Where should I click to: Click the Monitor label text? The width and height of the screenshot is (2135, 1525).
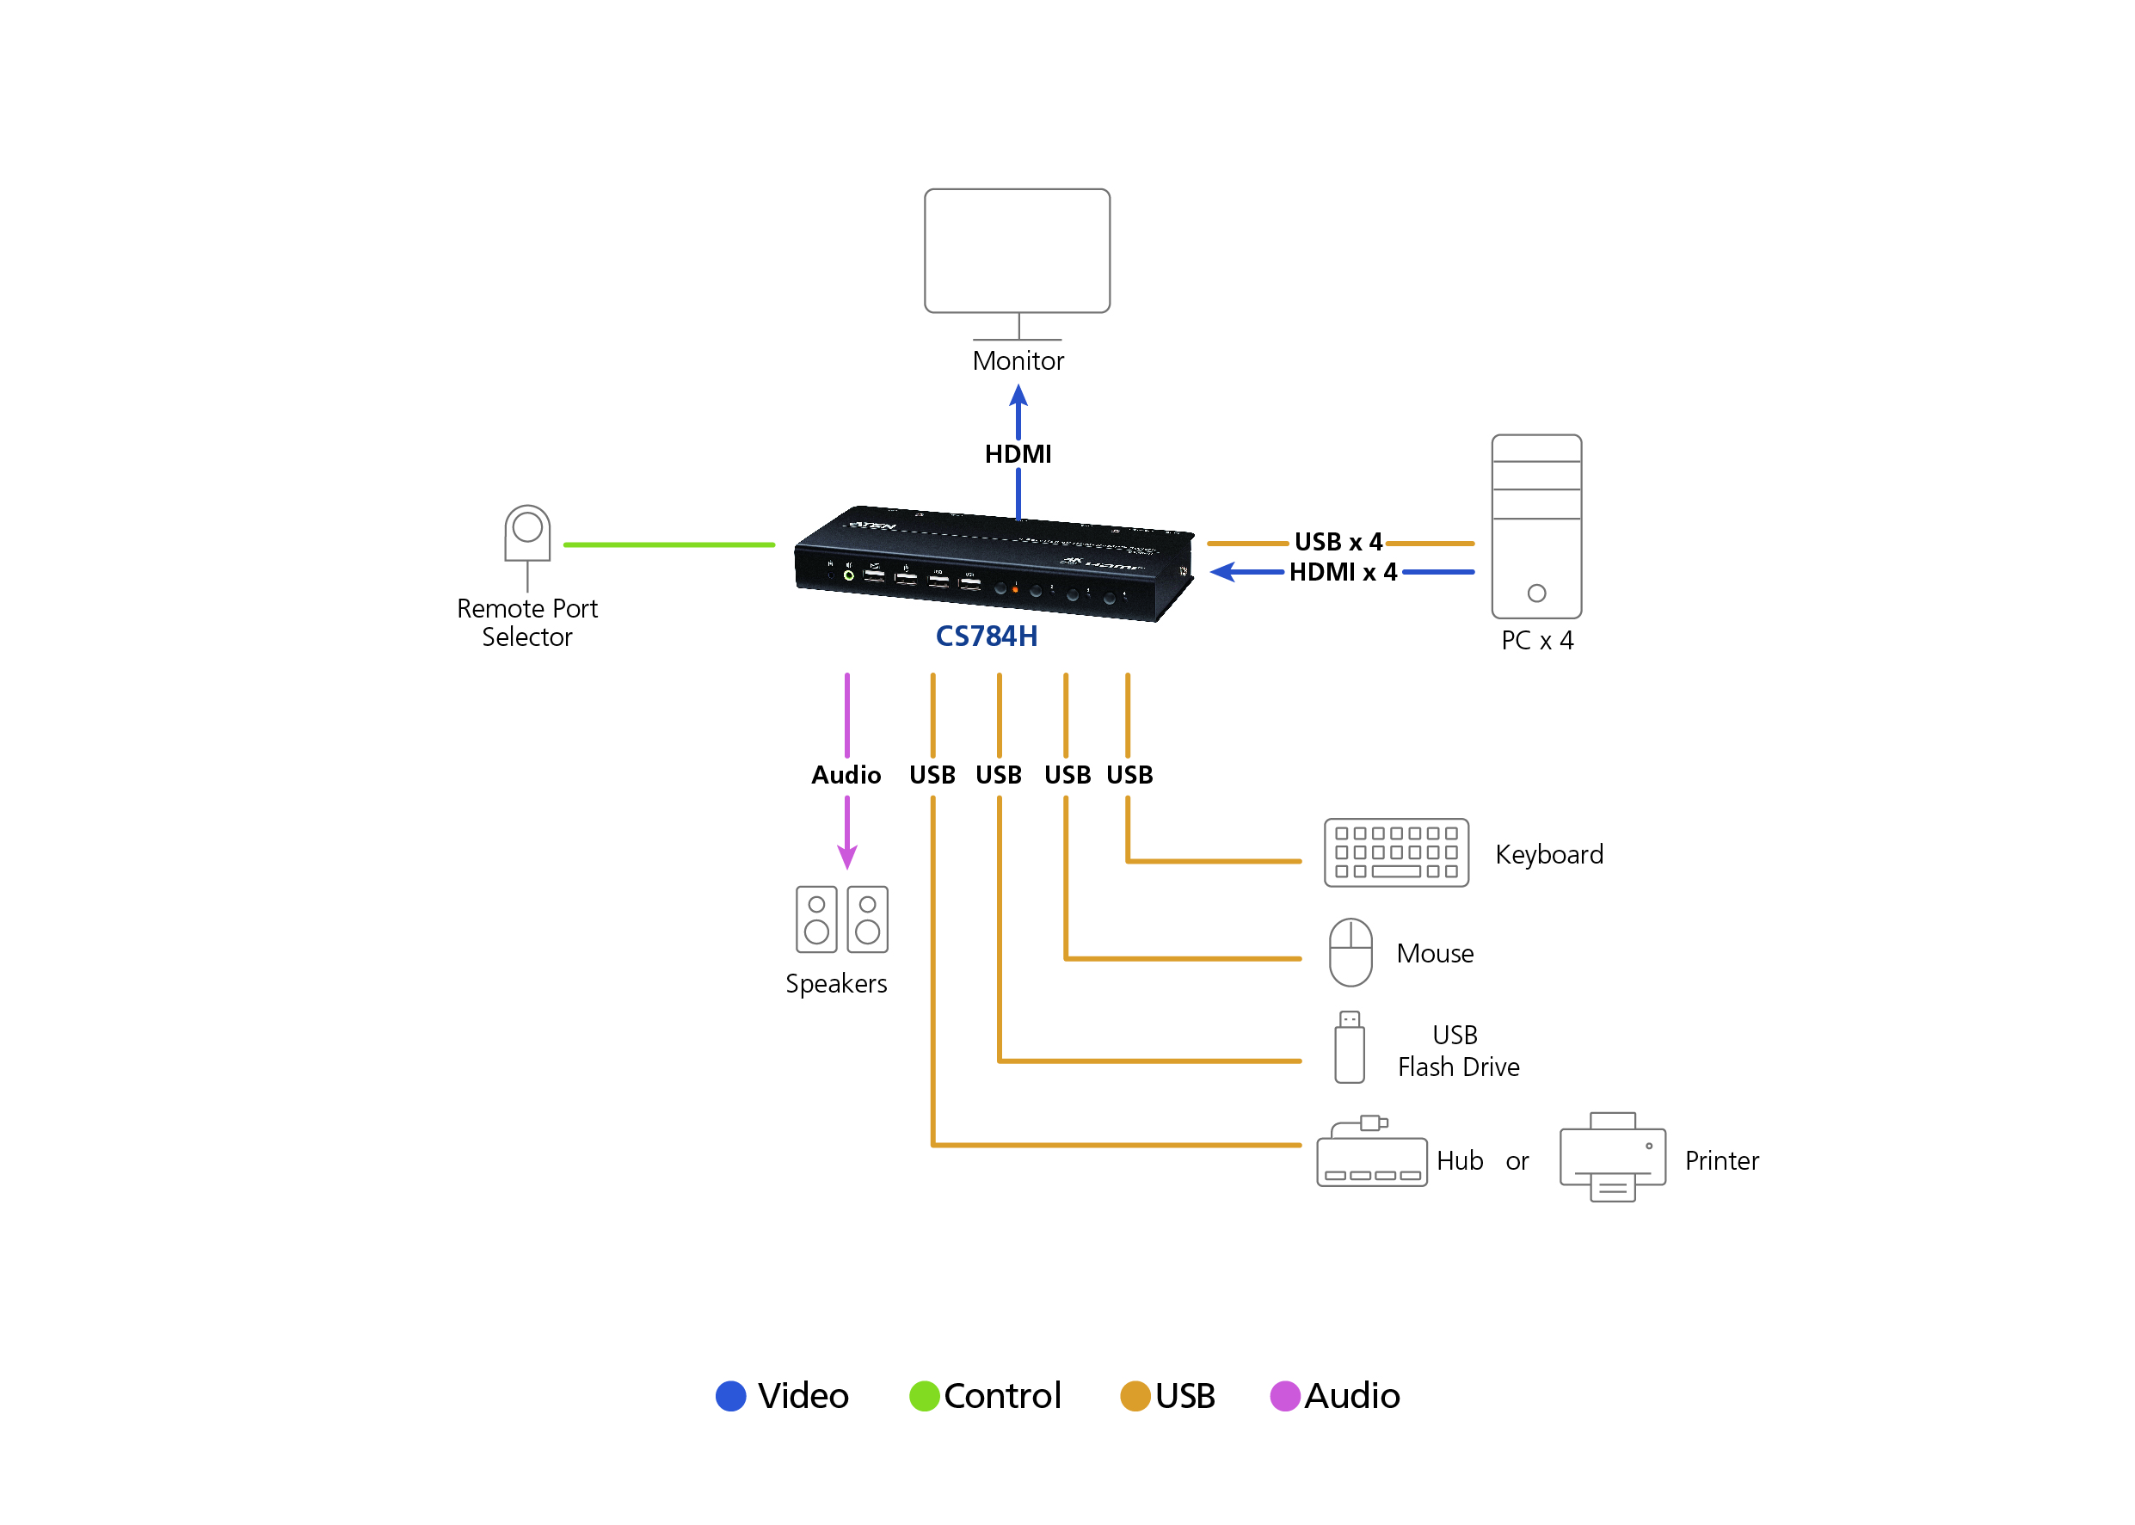coord(1018,360)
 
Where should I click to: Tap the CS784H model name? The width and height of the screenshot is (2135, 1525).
coord(986,636)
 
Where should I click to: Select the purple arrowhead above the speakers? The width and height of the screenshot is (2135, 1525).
coord(847,858)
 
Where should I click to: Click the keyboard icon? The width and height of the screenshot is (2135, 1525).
coord(1395,852)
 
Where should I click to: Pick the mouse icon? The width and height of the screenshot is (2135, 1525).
coord(1351,952)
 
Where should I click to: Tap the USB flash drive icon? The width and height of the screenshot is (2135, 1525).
coord(1349,1047)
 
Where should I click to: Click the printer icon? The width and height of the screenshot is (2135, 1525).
coord(1612,1158)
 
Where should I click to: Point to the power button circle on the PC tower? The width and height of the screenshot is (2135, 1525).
coord(1536,593)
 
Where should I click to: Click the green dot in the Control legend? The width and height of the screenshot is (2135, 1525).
coord(924,1395)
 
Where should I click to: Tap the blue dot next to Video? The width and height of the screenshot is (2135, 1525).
coord(730,1395)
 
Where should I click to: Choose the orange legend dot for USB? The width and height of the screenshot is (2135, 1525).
coord(1135,1395)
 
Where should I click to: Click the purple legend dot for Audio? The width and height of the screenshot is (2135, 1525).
coord(1284,1395)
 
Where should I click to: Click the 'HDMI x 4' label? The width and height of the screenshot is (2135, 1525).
coord(1343,572)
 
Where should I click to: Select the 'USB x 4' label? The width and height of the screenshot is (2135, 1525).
coord(1338,542)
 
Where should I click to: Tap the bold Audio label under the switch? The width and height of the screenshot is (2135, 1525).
coord(846,775)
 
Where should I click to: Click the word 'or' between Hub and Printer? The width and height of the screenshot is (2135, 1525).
coord(1517,1161)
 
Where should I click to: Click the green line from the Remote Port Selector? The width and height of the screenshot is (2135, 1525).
coord(668,544)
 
